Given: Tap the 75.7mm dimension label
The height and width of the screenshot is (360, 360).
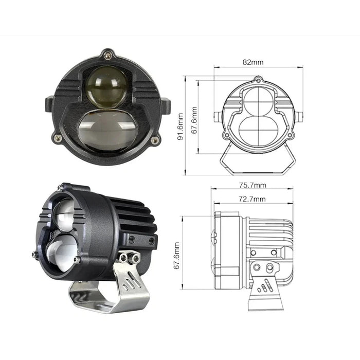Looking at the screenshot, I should click(252, 185).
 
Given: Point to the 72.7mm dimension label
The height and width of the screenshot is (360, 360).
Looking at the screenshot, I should click(252, 199).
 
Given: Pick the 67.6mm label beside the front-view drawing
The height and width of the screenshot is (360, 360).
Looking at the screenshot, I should click(194, 120).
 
